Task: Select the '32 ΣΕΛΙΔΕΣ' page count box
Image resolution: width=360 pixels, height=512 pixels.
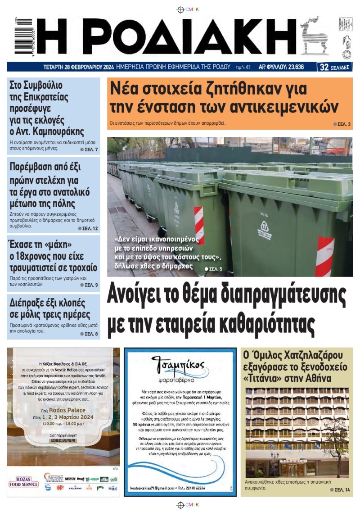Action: pyautogui.click(x=335, y=68)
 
